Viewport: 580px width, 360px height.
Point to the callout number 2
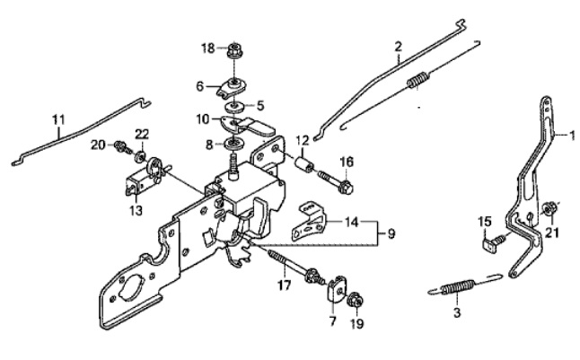tap(398, 44)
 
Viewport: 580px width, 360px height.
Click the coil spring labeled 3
tap(457, 287)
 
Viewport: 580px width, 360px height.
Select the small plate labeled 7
tap(338, 289)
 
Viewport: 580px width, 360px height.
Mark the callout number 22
tap(142, 135)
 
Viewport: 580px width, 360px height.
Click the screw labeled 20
tap(119, 145)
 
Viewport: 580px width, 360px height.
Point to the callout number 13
tap(136, 211)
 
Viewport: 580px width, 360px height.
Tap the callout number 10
tap(202, 118)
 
